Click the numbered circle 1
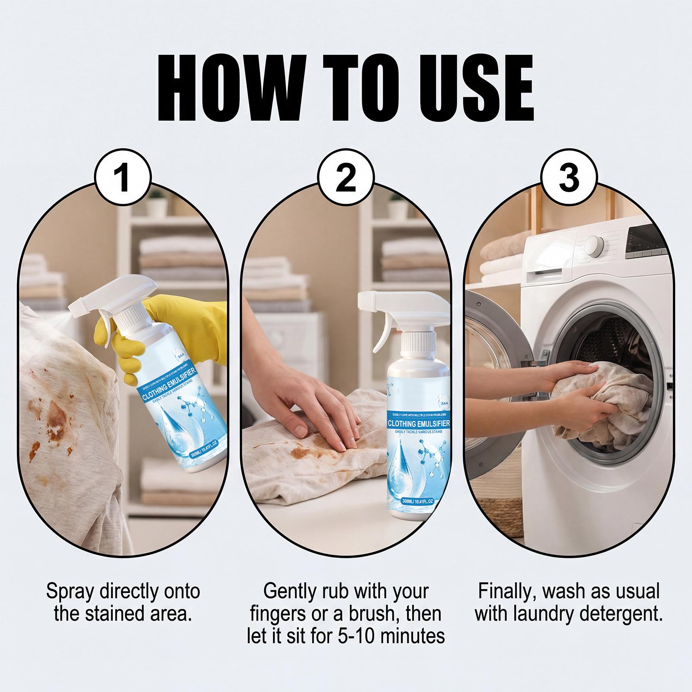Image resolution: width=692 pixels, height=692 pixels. [123, 178]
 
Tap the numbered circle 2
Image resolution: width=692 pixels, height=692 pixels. [346, 178]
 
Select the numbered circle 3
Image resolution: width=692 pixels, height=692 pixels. [569, 178]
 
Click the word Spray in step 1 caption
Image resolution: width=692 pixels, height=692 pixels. [70, 591]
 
